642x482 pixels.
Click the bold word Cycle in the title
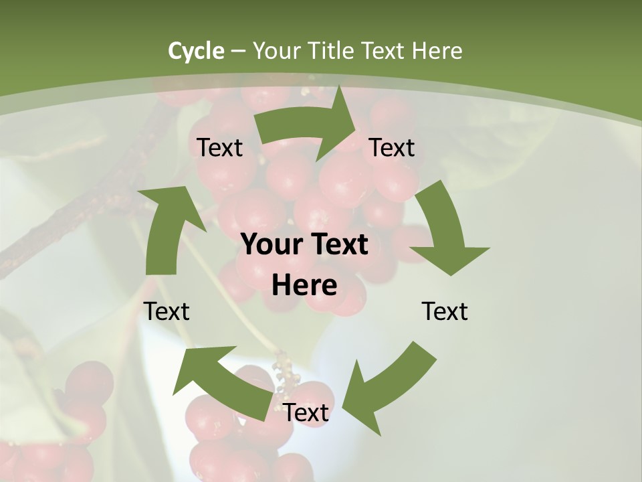click(196, 51)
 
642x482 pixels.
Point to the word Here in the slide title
click(437, 51)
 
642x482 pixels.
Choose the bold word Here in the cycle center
click(304, 285)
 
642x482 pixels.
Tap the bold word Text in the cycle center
click(334, 245)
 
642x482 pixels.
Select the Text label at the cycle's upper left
click(219, 148)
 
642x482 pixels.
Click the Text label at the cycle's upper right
click(392, 148)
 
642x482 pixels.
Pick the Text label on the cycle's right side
click(445, 311)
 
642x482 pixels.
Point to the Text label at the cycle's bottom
click(306, 413)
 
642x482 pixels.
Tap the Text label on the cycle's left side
click(167, 311)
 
